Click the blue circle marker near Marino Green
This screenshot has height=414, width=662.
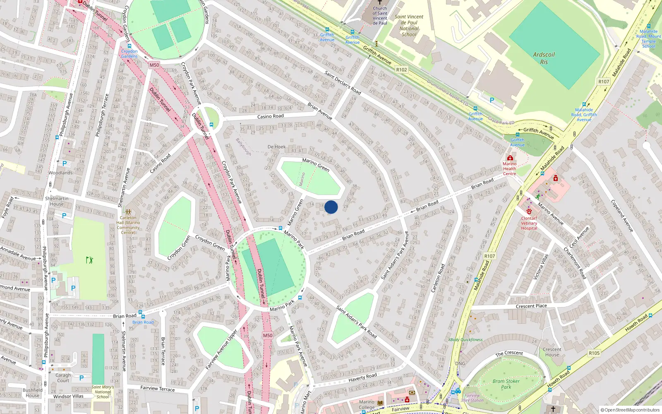pyautogui.click(x=331, y=207)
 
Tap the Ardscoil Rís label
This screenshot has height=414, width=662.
pyautogui.click(x=544, y=58)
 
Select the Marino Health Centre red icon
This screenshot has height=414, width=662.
pyautogui.click(x=510, y=158)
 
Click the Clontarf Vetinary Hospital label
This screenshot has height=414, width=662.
pyautogui.click(x=529, y=223)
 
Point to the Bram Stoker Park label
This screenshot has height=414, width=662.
pyautogui.click(x=506, y=384)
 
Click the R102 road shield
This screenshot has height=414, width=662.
pyautogui.click(x=401, y=70)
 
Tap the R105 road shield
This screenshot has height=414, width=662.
pyautogui.click(x=594, y=353)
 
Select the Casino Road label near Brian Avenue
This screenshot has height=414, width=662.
pyautogui.click(x=270, y=116)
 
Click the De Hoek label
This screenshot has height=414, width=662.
pyautogui.click(x=276, y=147)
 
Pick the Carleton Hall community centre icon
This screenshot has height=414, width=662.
pyautogui.click(x=128, y=212)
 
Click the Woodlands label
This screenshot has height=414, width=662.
pyautogui.click(x=60, y=173)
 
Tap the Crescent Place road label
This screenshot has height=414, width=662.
pyautogui.click(x=531, y=306)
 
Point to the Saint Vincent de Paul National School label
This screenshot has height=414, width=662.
pyautogui.click(x=409, y=26)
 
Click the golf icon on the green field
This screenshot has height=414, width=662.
pyautogui.click(x=89, y=260)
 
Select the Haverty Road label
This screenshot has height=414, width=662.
pyautogui.click(x=362, y=377)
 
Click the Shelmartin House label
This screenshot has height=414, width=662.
pyautogui.click(x=57, y=201)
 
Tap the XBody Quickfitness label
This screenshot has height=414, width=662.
pyautogui.click(x=465, y=339)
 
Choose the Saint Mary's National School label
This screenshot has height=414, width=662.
pyautogui.click(x=103, y=392)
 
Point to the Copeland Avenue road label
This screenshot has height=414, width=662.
pyautogui.click(x=622, y=215)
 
